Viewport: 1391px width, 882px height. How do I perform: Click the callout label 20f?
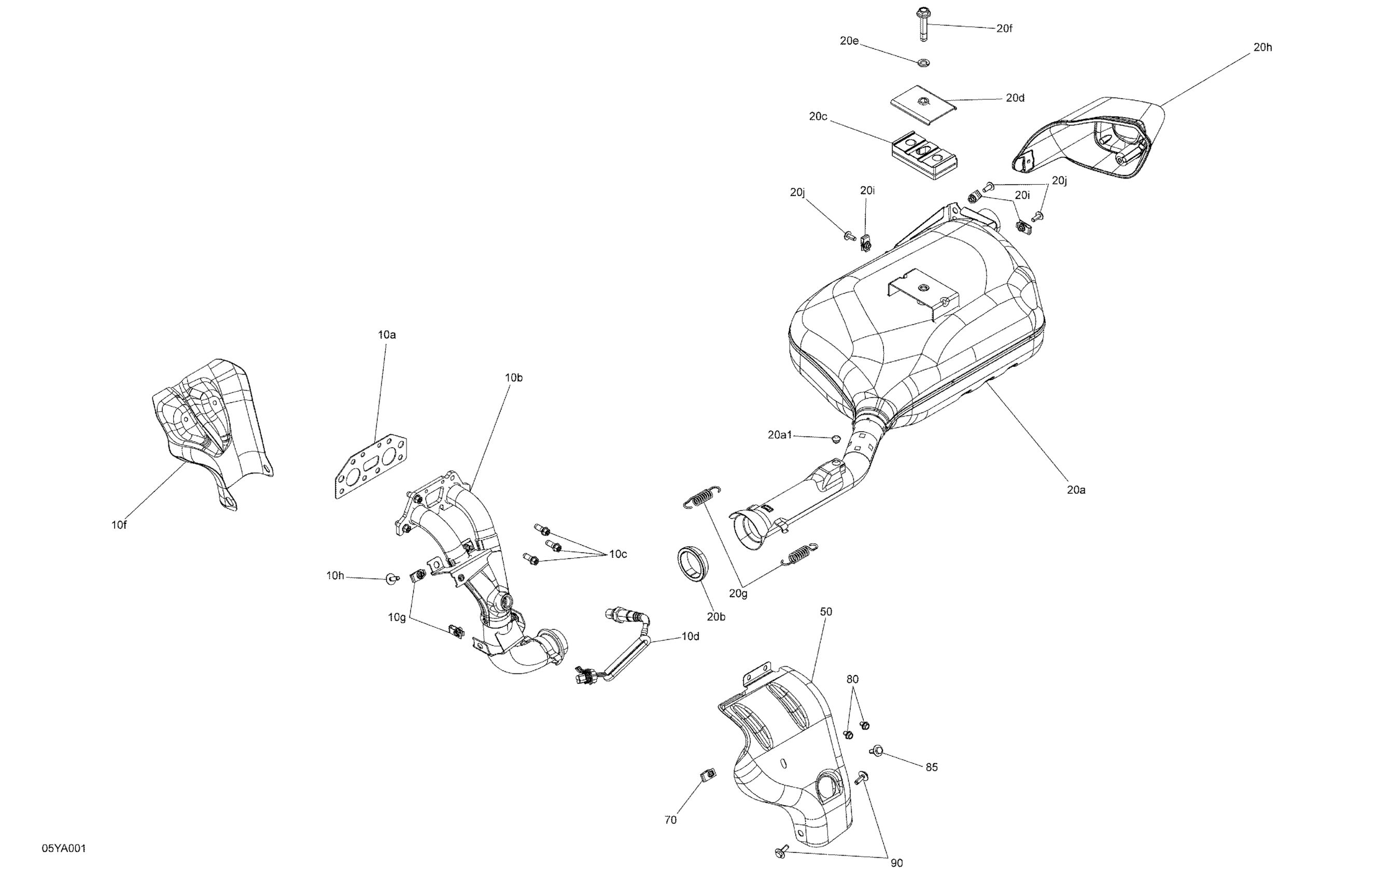[x=1004, y=29]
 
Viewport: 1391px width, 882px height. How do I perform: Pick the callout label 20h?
[x=1262, y=47]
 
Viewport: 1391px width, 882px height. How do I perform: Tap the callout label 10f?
[x=119, y=525]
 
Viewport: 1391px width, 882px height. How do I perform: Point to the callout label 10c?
[x=617, y=554]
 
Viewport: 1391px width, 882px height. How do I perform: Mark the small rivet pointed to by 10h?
[x=392, y=577]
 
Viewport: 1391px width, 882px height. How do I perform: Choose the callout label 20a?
[x=1076, y=490]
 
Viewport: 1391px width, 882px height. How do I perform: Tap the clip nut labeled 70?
[x=708, y=775]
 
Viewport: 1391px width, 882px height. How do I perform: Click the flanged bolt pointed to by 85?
[x=876, y=750]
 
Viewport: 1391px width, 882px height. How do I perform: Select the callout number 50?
[x=825, y=612]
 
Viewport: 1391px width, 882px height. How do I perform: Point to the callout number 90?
[x=896, y=863]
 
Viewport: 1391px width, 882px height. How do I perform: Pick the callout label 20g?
[x=738, y=594]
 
